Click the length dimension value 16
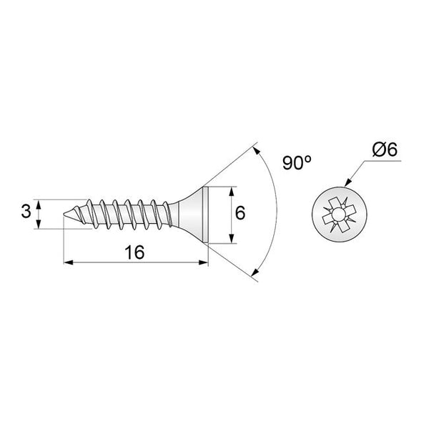click(x=134, y=252)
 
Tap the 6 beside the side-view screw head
click(x=241, y=213)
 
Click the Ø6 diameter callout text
click(x=385, y=150)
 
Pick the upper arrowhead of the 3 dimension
click(x=39, y=203)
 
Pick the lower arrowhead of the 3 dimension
click(x=39, y=226)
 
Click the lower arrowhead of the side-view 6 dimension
click(x=230, y=240)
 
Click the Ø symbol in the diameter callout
click(x=379, y=150)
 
